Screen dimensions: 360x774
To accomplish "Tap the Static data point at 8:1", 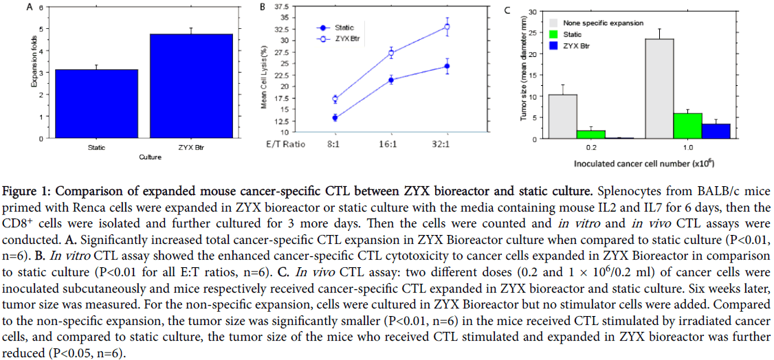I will coord(335,118).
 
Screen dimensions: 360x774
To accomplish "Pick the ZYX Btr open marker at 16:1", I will coord(391,53).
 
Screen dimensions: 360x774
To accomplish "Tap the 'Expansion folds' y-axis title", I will coord(32,72).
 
